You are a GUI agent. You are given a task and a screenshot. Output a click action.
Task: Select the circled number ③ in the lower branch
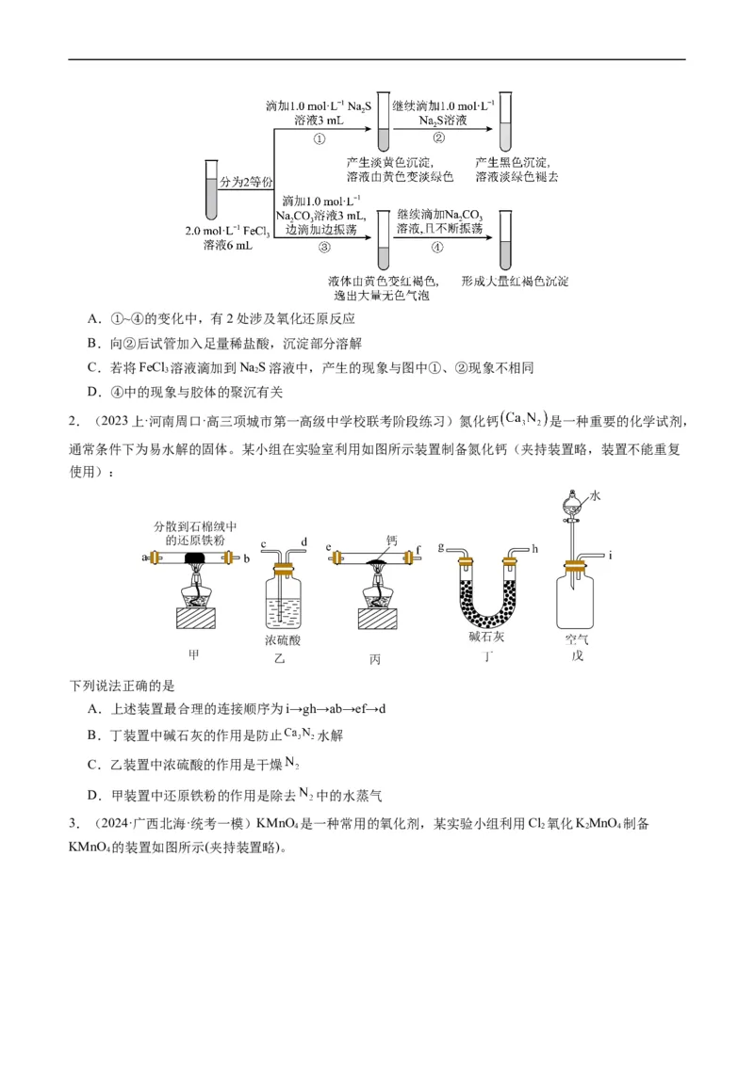(323, 248)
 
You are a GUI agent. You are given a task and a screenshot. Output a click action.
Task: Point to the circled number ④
(436, 248)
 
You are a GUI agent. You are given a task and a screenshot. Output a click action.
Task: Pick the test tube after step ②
(505, 121)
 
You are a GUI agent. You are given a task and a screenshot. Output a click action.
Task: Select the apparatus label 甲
(195, 654)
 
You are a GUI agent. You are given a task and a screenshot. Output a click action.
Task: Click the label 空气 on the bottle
(576, 638)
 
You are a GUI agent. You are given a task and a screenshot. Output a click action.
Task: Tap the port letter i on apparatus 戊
(610, 555)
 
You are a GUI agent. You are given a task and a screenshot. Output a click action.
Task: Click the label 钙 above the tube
(391, 541)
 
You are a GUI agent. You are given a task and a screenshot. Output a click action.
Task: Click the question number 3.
(73, 823)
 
